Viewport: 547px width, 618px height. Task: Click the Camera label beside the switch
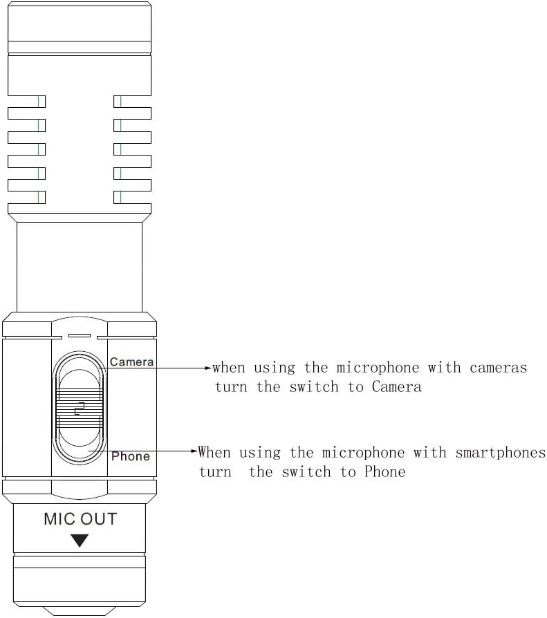pos(131,362)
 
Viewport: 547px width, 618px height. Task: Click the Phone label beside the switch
pos(131,456)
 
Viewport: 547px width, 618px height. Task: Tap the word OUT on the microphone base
pos(99,519)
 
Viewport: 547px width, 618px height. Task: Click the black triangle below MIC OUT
pos(80,541)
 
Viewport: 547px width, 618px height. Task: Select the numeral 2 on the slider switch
pos(80,409)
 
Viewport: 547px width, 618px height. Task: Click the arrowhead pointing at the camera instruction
pos(208,368)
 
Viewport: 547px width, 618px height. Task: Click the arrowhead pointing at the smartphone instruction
pos(194,451)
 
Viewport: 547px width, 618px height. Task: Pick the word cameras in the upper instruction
pos(498,368)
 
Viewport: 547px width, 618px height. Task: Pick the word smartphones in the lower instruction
pos(501,453)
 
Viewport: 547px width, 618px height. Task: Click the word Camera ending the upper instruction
pos(397,387)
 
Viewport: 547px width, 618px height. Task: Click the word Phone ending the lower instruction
pos(384,471)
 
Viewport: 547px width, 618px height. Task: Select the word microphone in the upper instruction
pos(378,368)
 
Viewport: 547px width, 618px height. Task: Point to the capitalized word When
pos(214,452)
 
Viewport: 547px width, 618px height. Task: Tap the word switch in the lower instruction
pos(306,471)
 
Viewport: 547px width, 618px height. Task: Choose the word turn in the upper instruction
pos(231,387)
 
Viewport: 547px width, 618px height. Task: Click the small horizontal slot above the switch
pos(80,336)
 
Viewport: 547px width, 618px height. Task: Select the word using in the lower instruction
pos(260,453)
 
